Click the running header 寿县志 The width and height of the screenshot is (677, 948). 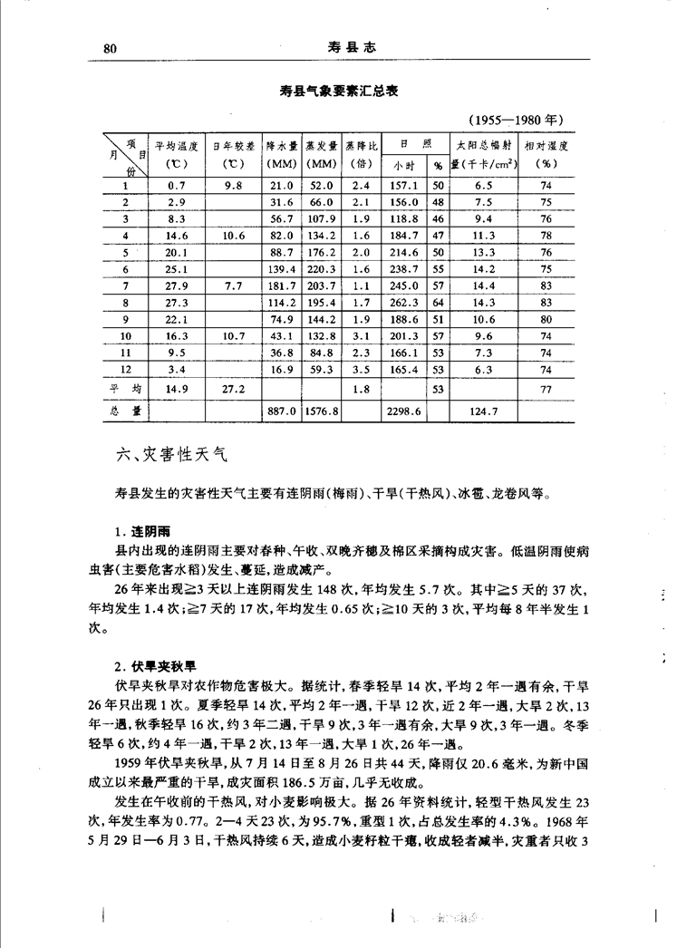coord(345,48)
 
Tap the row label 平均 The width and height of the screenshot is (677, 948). coord(126,389)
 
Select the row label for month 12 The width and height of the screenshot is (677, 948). coord(126,370)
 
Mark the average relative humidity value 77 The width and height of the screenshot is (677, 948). coord(546,389)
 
